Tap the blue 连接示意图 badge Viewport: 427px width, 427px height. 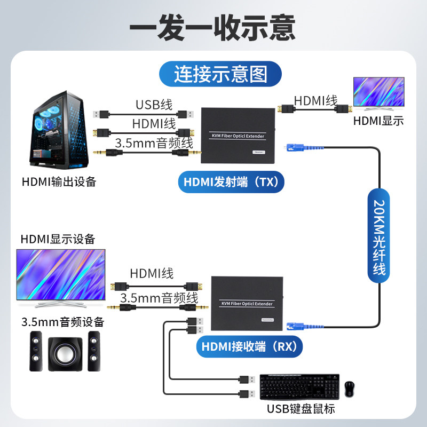220,74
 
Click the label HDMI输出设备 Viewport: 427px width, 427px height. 59,181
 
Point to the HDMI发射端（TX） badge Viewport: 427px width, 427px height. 231,182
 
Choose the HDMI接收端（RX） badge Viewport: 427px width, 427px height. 249,347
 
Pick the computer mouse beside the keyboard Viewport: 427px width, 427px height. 350,388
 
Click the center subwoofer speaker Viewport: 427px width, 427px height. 65,355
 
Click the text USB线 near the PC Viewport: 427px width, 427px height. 154,104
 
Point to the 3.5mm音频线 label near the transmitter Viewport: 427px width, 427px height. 154,143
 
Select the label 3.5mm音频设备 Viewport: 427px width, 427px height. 63,322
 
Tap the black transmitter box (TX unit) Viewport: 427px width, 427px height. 238,135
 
